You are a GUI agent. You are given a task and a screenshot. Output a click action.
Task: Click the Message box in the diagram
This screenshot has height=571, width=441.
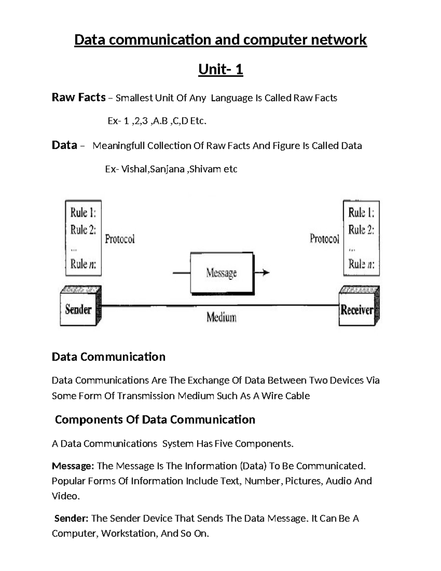222,273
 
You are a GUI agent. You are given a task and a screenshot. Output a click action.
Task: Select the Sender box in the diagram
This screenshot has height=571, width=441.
78,309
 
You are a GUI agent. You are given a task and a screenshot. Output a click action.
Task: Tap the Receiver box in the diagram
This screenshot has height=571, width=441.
357,310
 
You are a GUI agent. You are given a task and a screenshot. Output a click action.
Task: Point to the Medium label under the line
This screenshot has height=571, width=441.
221,317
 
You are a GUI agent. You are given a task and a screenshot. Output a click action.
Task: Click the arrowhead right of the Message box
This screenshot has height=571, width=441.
266,272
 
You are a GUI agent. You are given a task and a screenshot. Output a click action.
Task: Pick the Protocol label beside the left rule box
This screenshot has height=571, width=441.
120,239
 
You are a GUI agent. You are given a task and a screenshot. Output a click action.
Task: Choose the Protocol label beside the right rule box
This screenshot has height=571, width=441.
324,239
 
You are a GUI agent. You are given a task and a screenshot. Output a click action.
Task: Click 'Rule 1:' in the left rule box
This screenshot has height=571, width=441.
83,213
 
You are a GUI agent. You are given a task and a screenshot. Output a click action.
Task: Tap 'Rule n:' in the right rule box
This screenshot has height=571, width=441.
361,264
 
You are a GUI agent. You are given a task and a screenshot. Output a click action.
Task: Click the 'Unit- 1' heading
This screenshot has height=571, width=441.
220,69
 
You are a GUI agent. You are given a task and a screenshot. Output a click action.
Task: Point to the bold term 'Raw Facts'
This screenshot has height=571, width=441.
79,97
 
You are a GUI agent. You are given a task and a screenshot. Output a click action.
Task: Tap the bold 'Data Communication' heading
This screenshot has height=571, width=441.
108,357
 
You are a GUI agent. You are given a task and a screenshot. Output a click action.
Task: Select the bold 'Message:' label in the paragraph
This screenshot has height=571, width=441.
73,466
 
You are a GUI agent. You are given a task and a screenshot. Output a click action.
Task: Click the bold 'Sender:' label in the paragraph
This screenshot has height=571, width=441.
71,518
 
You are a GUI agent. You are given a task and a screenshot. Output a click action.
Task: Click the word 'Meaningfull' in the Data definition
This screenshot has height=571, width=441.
118,146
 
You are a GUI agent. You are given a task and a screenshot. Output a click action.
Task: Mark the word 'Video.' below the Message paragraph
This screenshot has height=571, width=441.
66,496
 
